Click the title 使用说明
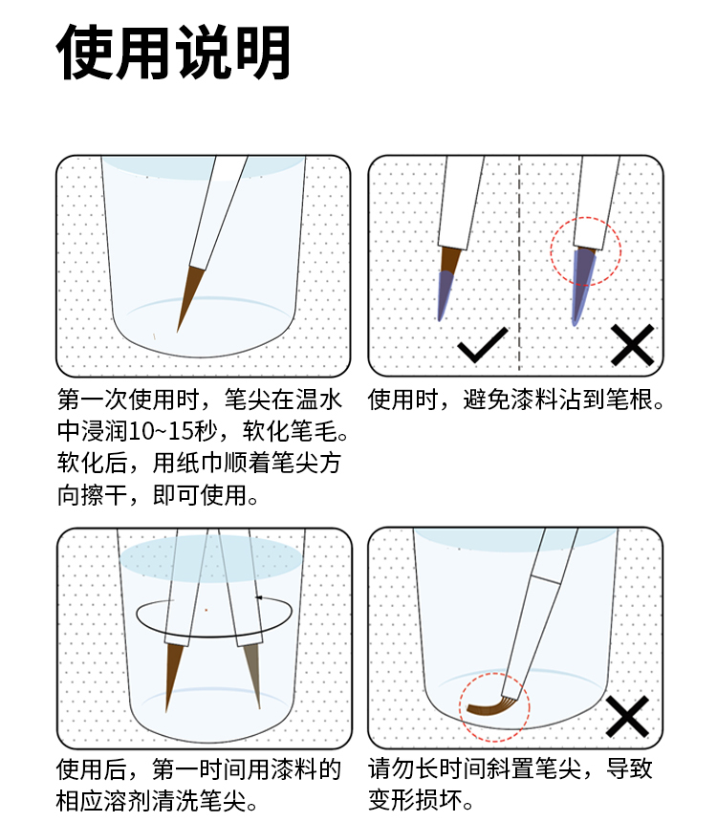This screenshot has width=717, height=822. [x=174, y=52]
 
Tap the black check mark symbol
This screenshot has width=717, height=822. [x=483, y=344]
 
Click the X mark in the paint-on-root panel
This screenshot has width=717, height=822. [x=633, y=345]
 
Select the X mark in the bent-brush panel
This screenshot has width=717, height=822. [x=627, y=717]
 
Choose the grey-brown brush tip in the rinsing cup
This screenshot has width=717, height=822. [x=252, y=675]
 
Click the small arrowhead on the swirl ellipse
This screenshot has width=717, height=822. [x=258, y=597]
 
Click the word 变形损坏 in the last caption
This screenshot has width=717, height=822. [x=416, y=800]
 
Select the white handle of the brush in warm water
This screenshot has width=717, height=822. [x=219, y=212]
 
